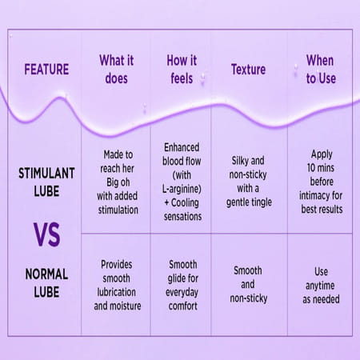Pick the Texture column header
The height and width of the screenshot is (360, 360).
tap(248, 70)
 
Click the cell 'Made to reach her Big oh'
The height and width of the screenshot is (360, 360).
tap(115, 182)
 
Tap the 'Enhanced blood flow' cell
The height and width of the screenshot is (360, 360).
tap(182, 182)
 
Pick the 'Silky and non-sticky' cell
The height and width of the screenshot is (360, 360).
tap(248, 182)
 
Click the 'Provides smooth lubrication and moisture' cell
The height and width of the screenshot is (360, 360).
tap(115, 285)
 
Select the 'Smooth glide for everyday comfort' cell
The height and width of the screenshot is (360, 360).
tap(182, 285)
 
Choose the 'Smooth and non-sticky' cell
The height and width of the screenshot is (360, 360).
tap(248, 285)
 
